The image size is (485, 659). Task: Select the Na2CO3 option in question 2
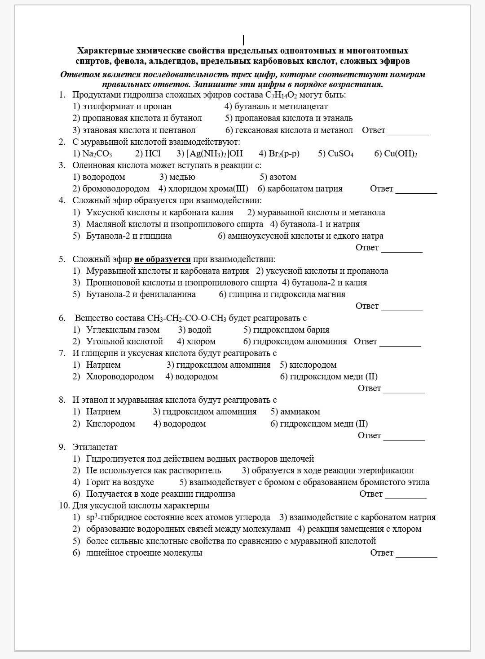click(97, 154)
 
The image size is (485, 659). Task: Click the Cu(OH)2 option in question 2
click(401, 154)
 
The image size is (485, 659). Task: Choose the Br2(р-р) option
click(284, 154)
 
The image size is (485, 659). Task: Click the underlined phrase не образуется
click(162, 259)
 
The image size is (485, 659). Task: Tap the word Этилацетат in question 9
click(95, 447)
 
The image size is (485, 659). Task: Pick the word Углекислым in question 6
click(106, 330)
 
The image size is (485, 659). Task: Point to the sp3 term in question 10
click(92, 517)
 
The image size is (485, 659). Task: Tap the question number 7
click(62, 353)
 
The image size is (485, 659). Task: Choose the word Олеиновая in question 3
click(92, 165)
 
